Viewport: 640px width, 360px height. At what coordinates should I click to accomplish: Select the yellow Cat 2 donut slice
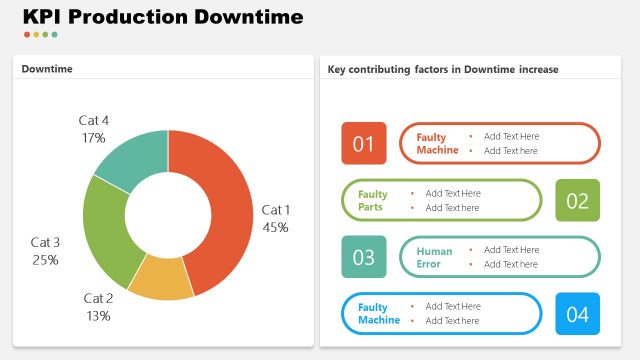159,279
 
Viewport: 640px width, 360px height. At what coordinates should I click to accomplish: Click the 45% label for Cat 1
275,227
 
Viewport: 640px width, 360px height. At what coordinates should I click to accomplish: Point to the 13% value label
98,316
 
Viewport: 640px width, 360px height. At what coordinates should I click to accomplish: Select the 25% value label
45,260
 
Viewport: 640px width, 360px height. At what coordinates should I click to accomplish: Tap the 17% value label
94,138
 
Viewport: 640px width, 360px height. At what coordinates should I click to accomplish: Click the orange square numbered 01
363,143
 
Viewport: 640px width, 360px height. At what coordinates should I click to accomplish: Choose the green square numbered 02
577,200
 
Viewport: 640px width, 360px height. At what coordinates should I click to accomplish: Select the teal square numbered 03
363,257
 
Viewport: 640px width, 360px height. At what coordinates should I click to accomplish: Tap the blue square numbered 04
577,314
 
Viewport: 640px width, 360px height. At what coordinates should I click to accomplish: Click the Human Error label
435,258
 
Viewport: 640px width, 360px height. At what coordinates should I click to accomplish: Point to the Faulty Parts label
373,201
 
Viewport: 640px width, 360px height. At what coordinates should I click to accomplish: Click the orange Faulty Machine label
437,144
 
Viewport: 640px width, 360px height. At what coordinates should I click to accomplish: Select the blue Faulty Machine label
379,314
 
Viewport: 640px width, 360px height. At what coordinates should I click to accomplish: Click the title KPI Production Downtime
162,17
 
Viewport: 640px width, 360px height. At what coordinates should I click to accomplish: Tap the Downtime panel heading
47,69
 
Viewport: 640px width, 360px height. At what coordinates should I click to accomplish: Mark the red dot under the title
27,35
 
